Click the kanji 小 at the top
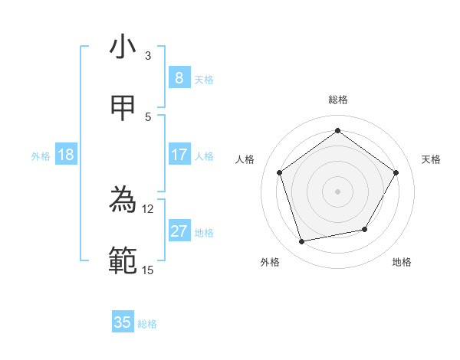coord(123,47)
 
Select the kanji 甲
coord(123,108)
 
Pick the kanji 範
coord(123,261)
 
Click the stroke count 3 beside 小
coord(148,55)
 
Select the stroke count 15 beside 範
coord(148,270)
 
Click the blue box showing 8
coord(179,77)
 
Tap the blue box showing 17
coord(179,155)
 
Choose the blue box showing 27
coord(179,231)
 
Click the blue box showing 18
coord(66,155)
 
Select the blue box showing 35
coord(123,322)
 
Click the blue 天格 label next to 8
coord(204,80)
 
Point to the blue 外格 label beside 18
coord(41,156)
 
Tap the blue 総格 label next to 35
coord(147,324)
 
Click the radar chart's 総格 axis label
coord(338,100)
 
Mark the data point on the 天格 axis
coord(396,172)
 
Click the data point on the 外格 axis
coord(302,242)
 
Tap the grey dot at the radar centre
coord(337,191)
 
